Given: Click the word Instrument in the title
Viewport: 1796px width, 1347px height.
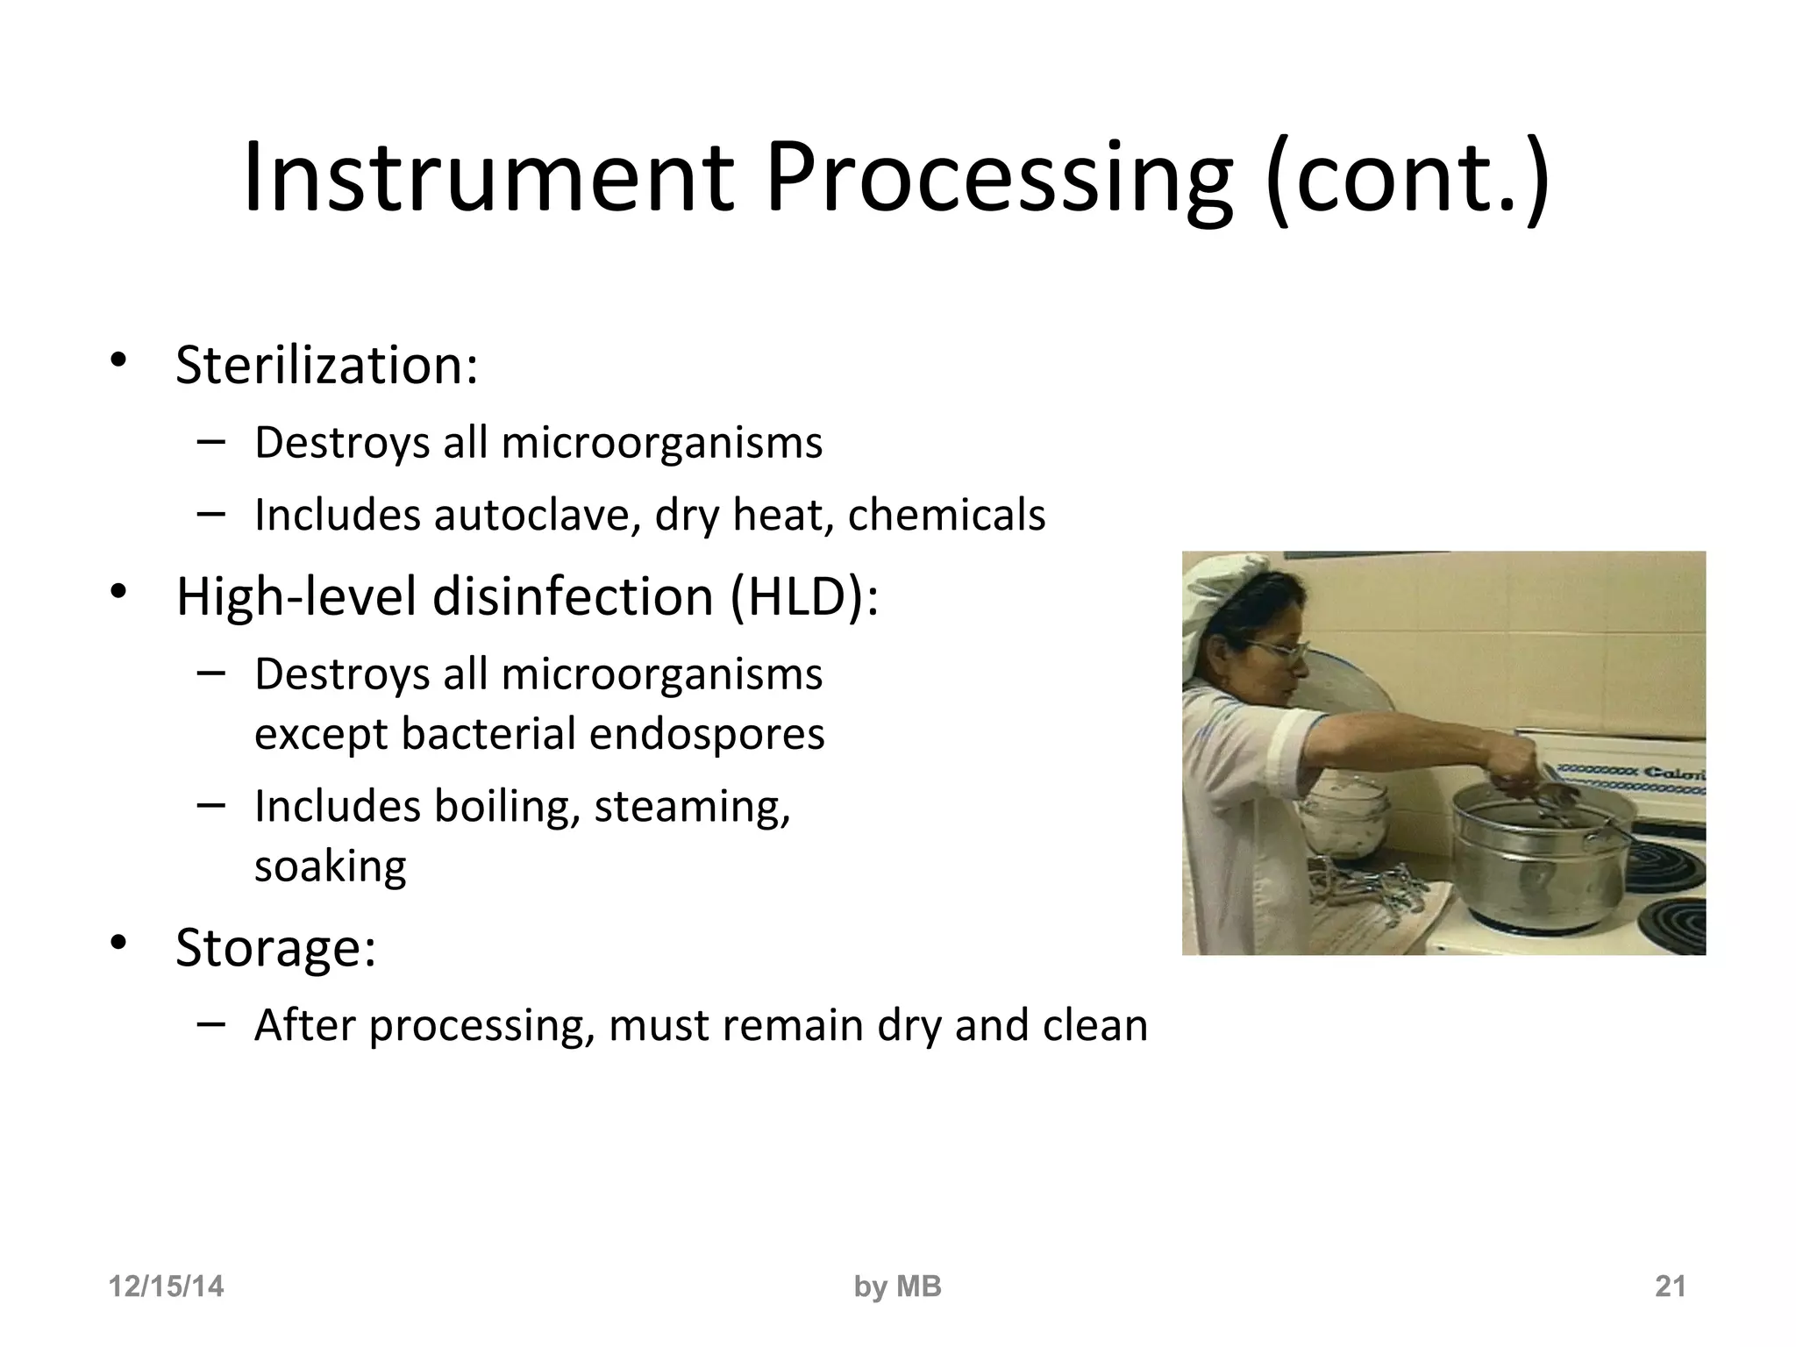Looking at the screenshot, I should tap(488, 179).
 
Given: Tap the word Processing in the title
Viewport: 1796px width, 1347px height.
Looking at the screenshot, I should tap(998, 179).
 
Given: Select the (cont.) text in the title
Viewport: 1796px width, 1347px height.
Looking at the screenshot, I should tap(1407, 179).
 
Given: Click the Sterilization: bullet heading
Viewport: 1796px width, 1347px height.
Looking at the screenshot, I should tap(326, 365).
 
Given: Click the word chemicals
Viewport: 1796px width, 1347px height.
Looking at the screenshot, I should tap(946, 515).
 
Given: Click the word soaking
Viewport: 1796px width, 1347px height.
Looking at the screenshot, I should tap(330, 866).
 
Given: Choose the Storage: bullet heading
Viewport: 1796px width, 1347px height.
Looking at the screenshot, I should tap(275, 947).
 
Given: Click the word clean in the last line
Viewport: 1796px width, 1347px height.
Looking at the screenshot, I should tap(1094, 1025).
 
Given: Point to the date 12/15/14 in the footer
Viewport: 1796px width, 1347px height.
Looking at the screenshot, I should tap(166, 1286).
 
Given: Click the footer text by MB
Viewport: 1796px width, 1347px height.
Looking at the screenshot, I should tap(897, 1286).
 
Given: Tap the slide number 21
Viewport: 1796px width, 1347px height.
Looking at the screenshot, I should tap(1670, 1286).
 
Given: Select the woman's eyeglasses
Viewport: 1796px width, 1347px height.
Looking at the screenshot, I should tap(1276, 652).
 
